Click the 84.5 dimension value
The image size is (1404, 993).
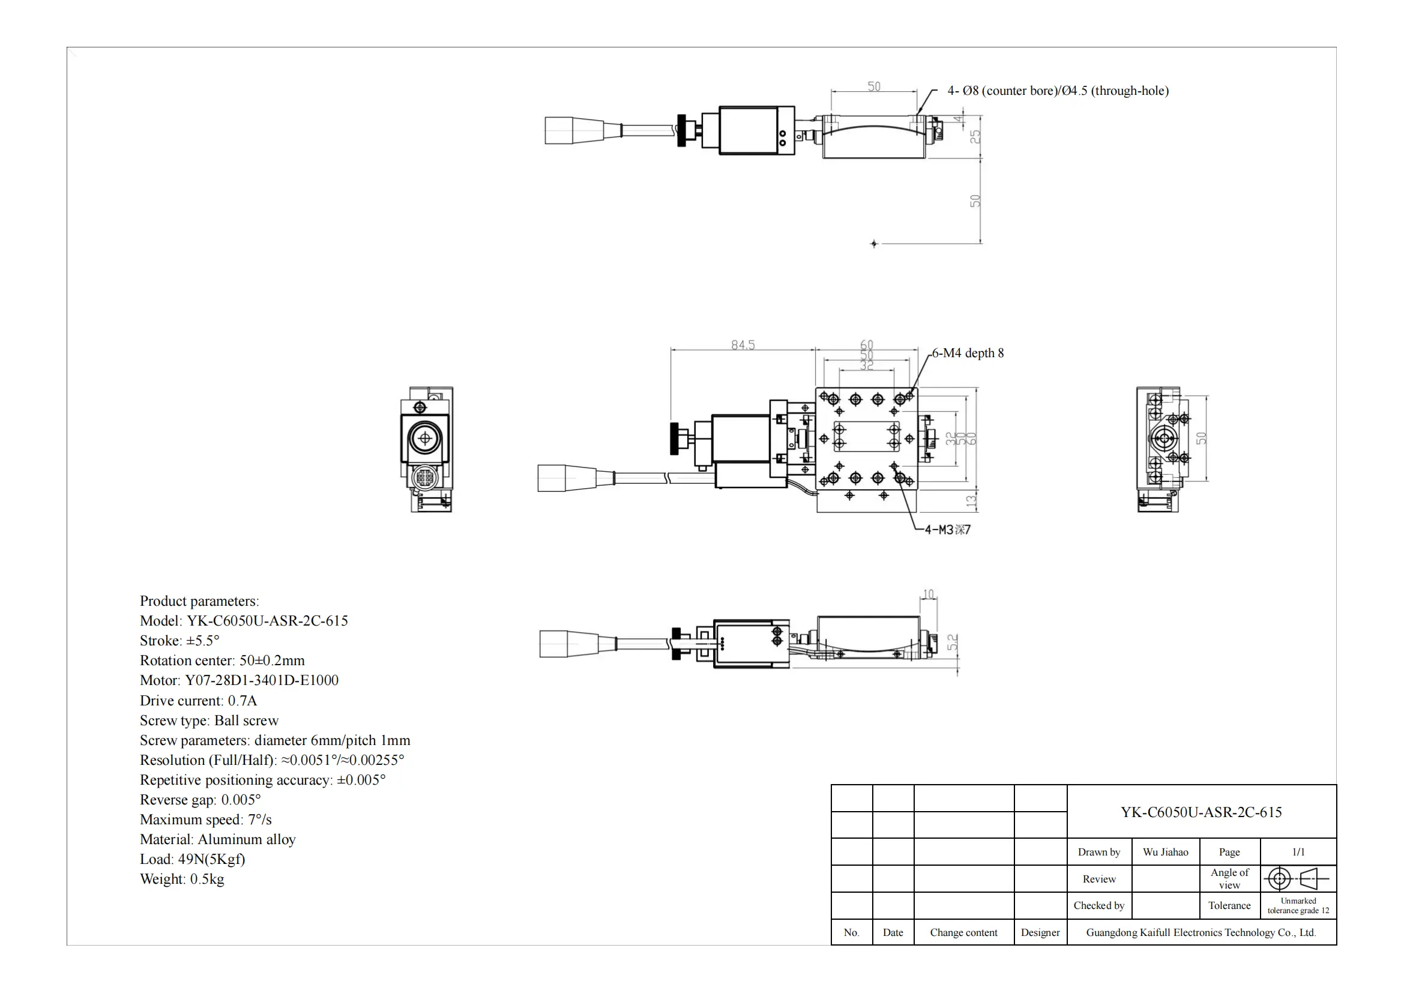743,345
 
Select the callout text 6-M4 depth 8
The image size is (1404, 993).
968,354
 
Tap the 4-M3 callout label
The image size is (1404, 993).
947,530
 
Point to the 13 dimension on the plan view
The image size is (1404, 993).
971,501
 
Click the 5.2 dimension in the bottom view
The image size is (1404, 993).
953,642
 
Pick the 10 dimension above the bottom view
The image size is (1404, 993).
928,594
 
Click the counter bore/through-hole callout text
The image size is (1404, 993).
1057,91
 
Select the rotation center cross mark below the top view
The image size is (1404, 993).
874,244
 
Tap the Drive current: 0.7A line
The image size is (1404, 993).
198,701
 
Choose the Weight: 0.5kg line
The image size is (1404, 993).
182,880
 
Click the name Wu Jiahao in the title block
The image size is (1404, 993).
1165,853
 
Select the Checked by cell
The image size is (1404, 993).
1099,905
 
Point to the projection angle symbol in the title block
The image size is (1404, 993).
1298,880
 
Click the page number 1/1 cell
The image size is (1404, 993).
1298,853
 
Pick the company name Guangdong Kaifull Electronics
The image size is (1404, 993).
1201,932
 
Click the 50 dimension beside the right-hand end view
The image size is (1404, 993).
1201,438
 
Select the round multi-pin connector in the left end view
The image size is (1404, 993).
425,477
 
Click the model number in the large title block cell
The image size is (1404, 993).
1201,813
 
